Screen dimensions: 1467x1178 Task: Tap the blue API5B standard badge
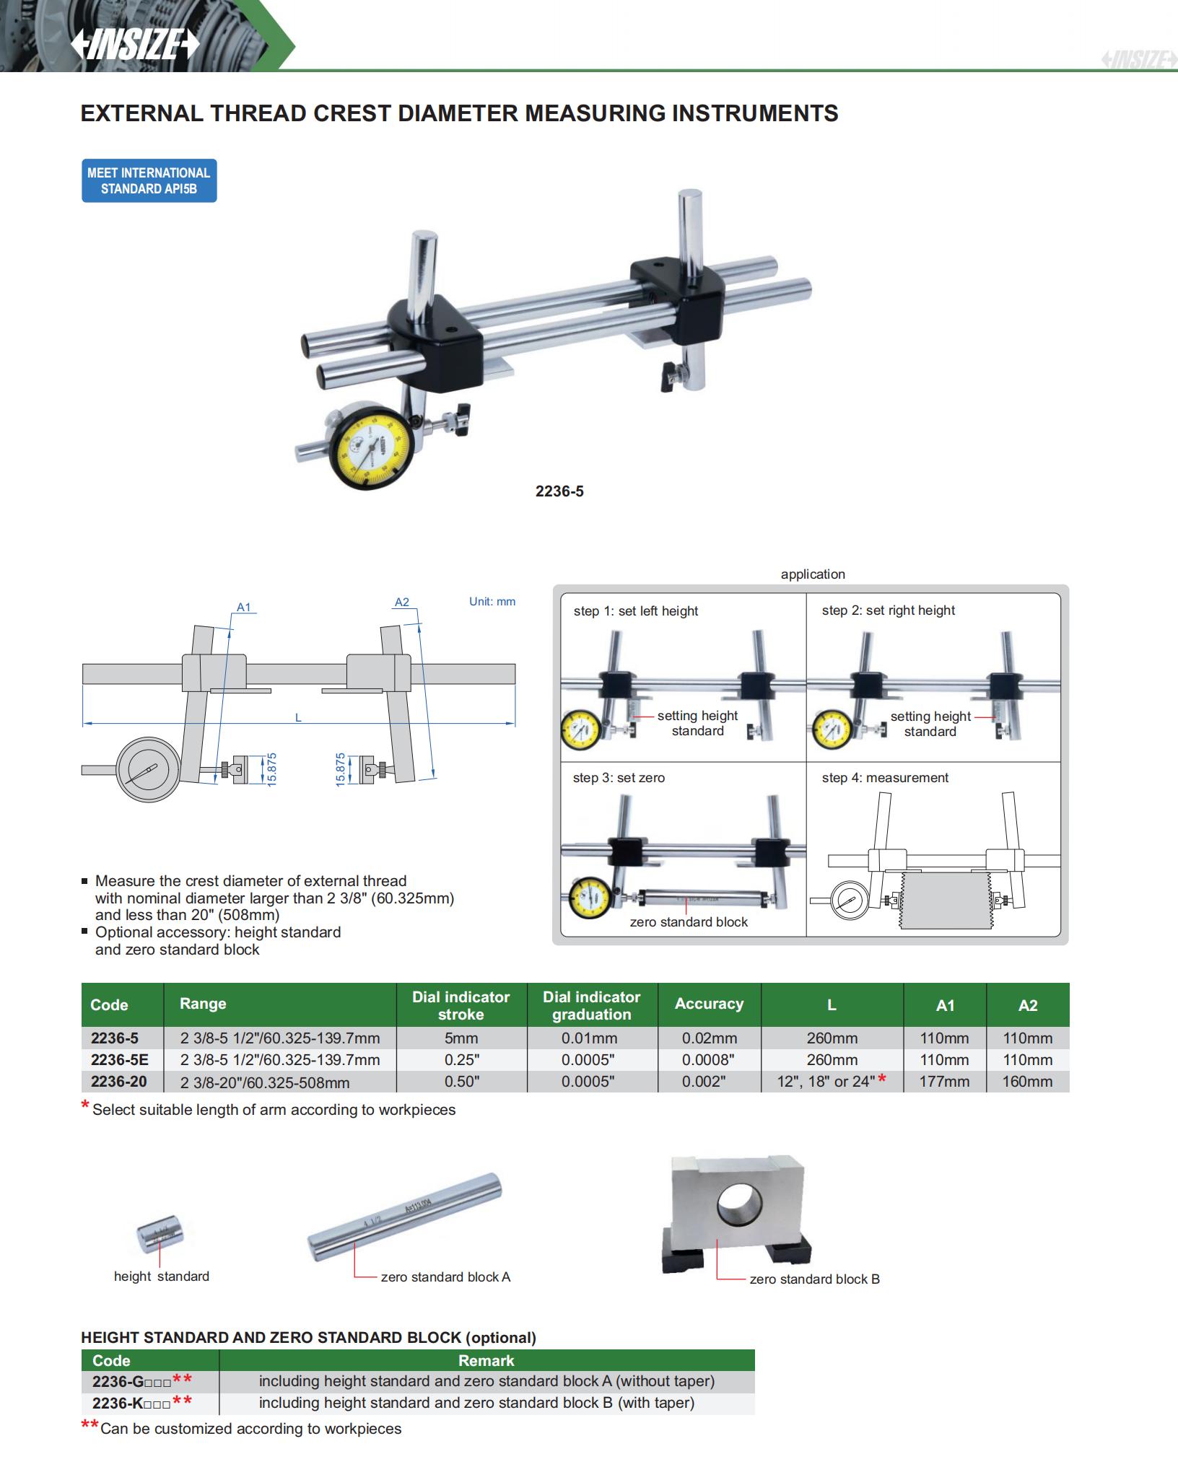click(149, 180)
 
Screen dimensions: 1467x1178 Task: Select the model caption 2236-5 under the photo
click(559, 491)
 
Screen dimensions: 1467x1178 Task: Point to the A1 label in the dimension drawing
click(244, 608)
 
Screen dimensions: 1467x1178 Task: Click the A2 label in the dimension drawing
click(402, 603)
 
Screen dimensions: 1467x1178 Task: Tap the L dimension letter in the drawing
click(298, 718)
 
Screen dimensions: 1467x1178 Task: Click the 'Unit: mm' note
click(492, 602)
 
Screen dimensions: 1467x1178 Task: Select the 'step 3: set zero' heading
click(619, 778)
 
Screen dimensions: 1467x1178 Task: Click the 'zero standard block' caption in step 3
click(689, 922)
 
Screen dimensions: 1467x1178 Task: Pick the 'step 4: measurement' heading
click(885, 778)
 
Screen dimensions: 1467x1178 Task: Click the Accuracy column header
click(709, 1004)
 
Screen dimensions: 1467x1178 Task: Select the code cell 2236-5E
click(120, 1060)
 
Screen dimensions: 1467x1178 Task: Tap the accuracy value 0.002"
click(704, 1082)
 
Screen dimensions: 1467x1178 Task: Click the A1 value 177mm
click(944, 1082)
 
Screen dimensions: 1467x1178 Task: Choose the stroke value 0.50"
click(461, 1082)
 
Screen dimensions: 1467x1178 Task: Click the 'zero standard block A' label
click(445, 1277)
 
